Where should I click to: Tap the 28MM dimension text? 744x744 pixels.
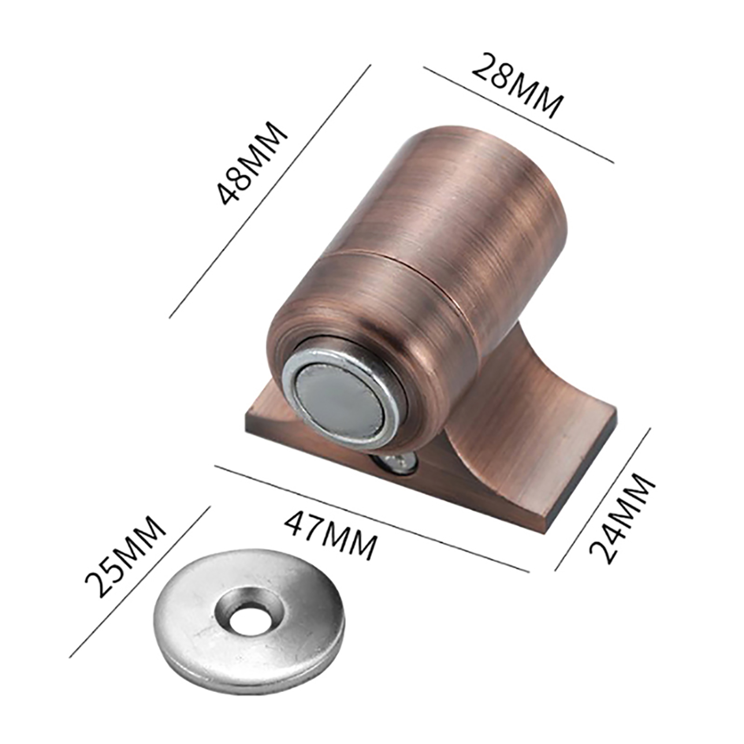tap(518, 86)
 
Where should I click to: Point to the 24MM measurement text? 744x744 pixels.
tap(622, 518)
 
